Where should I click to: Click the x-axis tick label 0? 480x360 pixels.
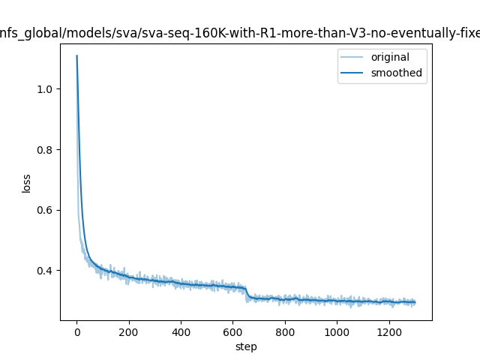pyautogui.click(x=76, y=331)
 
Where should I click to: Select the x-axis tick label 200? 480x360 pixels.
pyautogui.click(x=128, y=331)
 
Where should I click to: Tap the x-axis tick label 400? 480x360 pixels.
pyautogui.click(x=181, y=331)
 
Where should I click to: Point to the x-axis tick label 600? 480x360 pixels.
pyautogui.click(x=232, y=331)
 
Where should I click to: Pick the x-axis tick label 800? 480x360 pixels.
pyautogui.click(x=285, y=331)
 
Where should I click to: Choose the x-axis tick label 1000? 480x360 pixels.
pyautogui.click(x=337, y=331)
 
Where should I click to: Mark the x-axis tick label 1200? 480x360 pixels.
pyautogui.click(x=388, y=331)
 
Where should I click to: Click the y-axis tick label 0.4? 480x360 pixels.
pyautogui.click(x=47, y=271)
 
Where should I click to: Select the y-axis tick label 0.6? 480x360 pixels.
pyautogui.click(x=47, y=210)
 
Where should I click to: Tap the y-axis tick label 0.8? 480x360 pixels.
pyautogui.click(x=47, y=150)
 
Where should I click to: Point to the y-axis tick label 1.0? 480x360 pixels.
pyautogui.click(x=47, y=89)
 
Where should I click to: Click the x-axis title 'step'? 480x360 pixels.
pyautogui.click(x=246, y=346)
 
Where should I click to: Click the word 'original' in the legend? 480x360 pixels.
pyautogui.click(x=390, y=58)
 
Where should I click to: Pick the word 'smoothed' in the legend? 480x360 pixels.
pyautogui.click(x=396, y=73)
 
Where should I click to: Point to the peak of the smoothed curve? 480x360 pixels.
pyautogui.click(x=76, y=55)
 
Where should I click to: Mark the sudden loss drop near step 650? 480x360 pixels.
pyautogui.click(x=247, y=293)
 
